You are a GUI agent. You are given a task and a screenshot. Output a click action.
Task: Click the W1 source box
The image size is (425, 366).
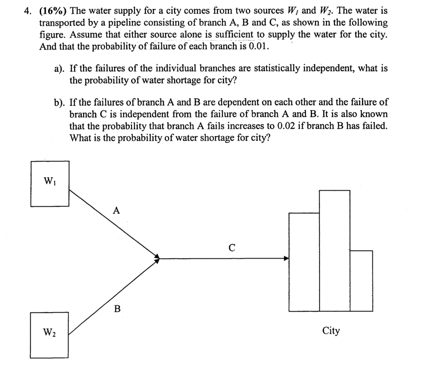49,183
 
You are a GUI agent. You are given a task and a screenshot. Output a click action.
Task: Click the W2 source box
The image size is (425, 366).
49,335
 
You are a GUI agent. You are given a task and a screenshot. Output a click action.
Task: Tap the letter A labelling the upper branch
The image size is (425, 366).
117,211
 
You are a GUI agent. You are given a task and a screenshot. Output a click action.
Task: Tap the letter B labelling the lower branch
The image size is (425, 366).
117,309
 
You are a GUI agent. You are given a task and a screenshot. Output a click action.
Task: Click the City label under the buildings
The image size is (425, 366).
331,331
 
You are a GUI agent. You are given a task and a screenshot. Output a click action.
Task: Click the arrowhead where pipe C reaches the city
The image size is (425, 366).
286,259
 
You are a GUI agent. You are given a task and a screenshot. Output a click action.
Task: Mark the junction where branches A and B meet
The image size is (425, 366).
157,258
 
